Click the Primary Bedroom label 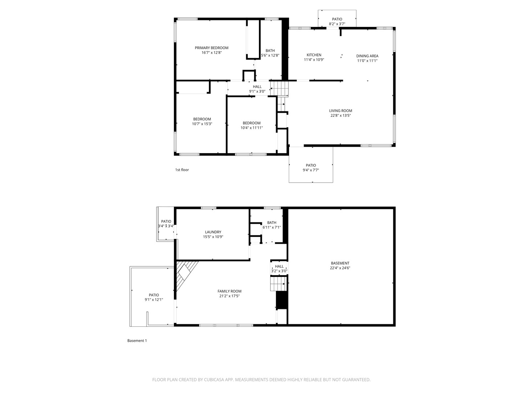(211, 48)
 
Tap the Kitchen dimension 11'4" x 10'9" (314, 60)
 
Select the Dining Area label (367, 56)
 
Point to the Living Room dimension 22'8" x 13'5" (340, 116)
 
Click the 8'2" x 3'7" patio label (337, 22)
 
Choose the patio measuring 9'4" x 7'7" (311, 168)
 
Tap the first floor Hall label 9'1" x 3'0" (257, 89)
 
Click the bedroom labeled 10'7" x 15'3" (202, 122)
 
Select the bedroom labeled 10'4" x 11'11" (251, 126)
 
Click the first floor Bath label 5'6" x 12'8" (270, 53)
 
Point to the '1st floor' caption (182, 170)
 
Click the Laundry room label (213, 232)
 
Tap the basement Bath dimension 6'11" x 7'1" (272, 227)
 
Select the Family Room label (229, 291)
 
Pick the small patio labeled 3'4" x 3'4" (166, 224)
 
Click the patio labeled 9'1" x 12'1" (154, 297)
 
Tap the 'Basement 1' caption (137, 341)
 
